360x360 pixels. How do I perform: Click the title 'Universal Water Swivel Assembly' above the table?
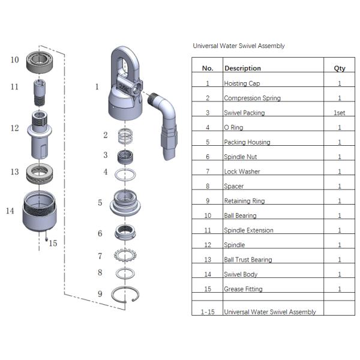tap(238, 46)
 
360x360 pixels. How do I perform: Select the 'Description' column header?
tap(242, 68)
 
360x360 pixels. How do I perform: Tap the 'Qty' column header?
tap(339, 68)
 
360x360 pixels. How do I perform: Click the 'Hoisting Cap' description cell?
tap(242, 83)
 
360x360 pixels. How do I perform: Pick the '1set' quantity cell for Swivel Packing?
tap(339, 113)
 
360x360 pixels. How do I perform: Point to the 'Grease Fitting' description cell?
tap(244, 289)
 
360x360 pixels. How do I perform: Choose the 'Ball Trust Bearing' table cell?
tap(247, 260)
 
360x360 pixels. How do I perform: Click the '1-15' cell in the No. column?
tap(207, 311)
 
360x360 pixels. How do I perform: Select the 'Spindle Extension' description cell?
tap(248, 230)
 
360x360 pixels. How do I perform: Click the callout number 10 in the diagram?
tap(15, 59)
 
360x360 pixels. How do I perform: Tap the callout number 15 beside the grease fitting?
tap(53, 243)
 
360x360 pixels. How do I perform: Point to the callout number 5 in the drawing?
tap(100, 203)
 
